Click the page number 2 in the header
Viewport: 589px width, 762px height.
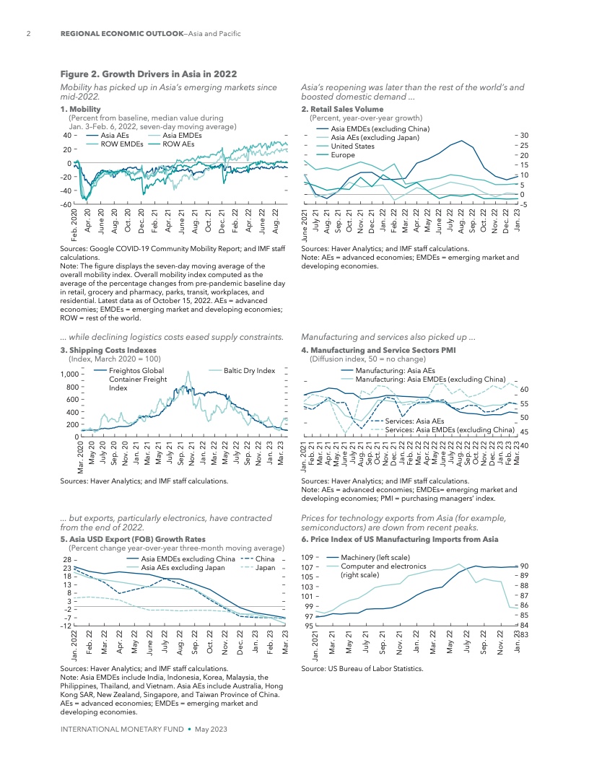[27, 34]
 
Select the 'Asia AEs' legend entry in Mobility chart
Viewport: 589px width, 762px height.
[115, 135]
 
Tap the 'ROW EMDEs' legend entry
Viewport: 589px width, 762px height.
[121, 144]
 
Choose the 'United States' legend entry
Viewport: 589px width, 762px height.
[352, 146]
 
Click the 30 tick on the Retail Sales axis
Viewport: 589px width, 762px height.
[524, 136]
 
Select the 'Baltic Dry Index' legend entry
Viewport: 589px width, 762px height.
[250, 370]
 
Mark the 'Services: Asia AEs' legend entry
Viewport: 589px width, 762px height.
[414, 420]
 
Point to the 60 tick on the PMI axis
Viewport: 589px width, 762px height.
[524, 389]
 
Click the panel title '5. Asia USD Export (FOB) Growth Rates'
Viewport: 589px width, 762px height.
[133, 538]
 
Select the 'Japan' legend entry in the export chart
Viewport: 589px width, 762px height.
[266, 568]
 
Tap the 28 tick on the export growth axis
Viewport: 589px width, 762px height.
[66, 559]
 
